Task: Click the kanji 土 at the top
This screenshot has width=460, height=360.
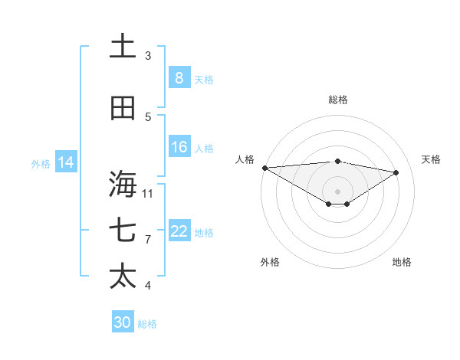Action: pos(123,46)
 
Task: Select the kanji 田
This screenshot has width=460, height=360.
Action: pos(123,108)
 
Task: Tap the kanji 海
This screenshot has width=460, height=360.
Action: pos(123,185)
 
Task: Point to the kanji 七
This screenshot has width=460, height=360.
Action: pos(123,231)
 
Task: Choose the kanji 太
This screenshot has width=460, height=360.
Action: pos(123,276)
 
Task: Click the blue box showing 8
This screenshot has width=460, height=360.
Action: pos(179,78)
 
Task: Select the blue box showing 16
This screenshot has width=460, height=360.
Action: pos(179,147)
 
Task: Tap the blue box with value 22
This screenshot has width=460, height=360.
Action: pos(179,231)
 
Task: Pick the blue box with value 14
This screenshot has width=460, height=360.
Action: pos(66,162)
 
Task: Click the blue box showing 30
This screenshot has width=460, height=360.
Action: pos(123,322)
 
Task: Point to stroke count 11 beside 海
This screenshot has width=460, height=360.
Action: pos(148,193)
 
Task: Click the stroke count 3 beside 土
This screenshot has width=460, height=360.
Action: pos(148,56)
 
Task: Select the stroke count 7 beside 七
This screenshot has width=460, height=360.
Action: pos(148,240)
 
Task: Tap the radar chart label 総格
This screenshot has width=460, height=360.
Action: pos(337,100)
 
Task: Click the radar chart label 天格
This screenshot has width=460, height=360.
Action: pos(431,159)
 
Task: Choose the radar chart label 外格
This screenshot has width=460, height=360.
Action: pos(270,262)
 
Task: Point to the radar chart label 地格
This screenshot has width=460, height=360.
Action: pos(402,262)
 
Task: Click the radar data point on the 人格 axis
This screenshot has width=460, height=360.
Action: pos(264,167)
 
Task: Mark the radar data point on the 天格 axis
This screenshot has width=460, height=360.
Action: pos(396,172)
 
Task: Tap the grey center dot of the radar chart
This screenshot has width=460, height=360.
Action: pos(337,191)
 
